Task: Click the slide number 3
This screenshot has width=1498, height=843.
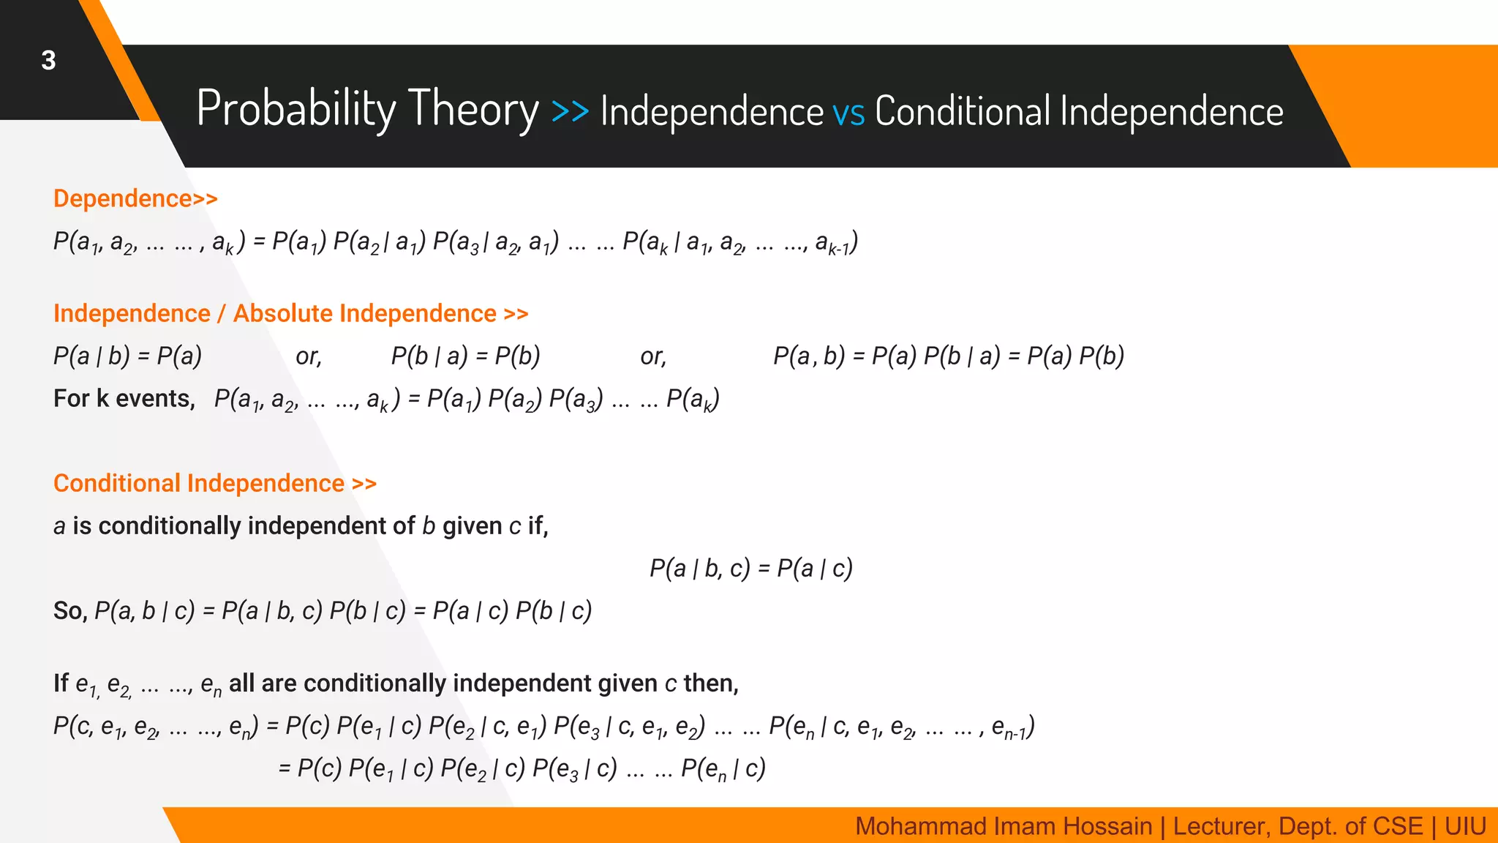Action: click(x=48, y=61)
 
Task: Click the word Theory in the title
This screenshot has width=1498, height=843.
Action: click(x=473, y=109)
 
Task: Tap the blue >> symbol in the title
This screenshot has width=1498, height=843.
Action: click(x=570, y=111)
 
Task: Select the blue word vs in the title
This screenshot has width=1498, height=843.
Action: click(x=848, y=113)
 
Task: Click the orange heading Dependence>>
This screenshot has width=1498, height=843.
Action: click(x=135, y=198)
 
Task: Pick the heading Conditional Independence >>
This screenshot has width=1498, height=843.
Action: click(x=215, y=483)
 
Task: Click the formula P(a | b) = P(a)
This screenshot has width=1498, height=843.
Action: click(x=127, y=356)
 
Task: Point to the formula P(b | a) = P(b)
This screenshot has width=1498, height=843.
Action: click(x=465, y=356)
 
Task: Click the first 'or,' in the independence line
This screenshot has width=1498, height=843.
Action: click(x=309, y=357)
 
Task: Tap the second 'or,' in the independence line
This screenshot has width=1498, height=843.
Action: click(x=653, y=357)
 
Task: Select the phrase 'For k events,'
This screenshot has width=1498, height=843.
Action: click(x=124, y=399)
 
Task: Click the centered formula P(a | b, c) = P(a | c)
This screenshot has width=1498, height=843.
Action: click(x=751, y=569)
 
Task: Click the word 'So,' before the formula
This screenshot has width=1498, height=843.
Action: click(x=70, y=611)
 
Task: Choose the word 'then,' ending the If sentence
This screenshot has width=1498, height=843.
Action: click(x=711, y=683)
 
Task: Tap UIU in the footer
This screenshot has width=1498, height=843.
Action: click(x=1465, y=826)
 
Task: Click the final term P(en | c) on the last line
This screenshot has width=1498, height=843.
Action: click(x=723, y=769)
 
